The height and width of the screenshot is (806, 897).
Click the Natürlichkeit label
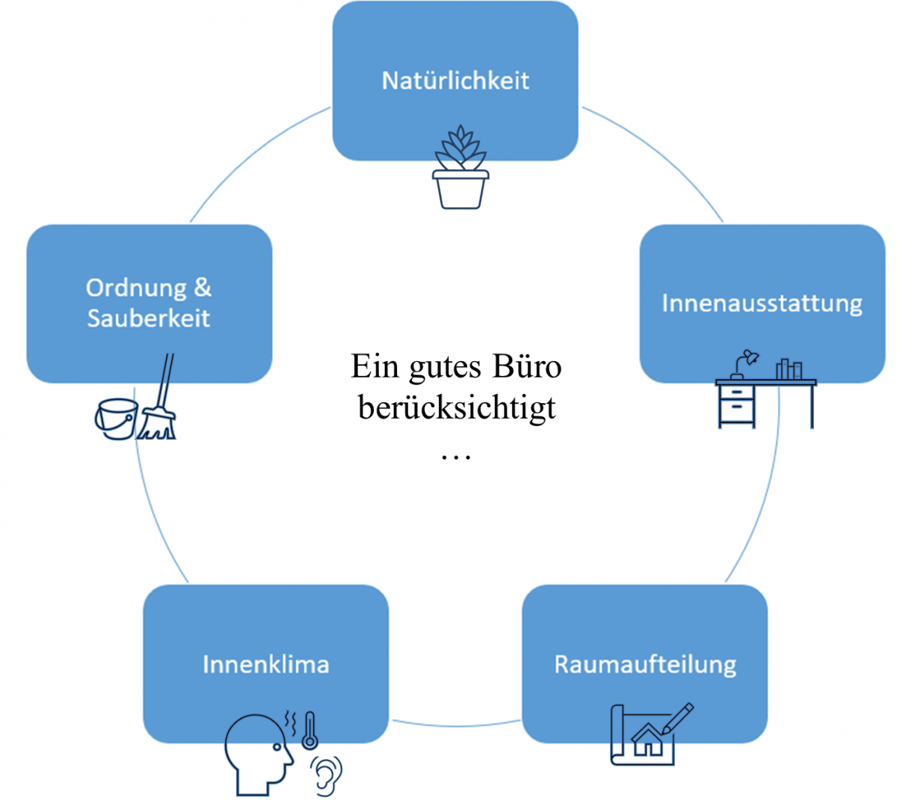(x=455, y=80)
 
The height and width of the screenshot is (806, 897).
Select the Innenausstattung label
(x=762, y=304)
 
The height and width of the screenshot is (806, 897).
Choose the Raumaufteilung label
(x=645, y=665)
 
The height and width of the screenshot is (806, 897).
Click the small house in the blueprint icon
(x=648, y=739)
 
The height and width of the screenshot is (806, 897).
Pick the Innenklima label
(x=265, y=665)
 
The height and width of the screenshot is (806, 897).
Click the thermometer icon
(x=309, y=730)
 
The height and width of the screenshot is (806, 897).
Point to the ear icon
(x=327, y=776)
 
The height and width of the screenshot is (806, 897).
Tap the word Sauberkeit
(x=149, y=319)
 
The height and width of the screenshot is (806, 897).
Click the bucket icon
(x=117, y=419)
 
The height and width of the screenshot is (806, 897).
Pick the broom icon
(x=159, y=404)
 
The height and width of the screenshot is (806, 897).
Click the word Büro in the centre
(x=526, y=366)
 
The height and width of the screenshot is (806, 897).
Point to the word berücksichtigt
(x=457, y=408)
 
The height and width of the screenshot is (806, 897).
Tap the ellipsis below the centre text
(x=456, y=455)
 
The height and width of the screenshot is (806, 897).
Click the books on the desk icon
(x=789, y=369)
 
